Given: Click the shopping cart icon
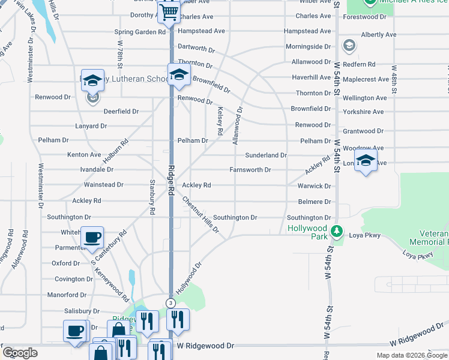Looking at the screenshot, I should (x=170, y=11).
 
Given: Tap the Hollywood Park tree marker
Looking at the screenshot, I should (x=337, y=231).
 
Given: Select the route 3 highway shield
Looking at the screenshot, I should (x=171, y=303).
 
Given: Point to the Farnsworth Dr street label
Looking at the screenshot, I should (x=250, y=170).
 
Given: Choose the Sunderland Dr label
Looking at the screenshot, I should (x=265, y=155).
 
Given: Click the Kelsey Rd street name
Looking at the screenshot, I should (x=220, y=120).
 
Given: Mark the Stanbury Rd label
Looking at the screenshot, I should (x=152, y=197).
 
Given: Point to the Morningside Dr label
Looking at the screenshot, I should (x=308, y=46).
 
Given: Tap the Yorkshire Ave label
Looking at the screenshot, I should (x=363, y=112).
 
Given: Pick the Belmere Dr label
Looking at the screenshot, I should (x=315, y=202).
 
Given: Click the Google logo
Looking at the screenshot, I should (x=20, y=353).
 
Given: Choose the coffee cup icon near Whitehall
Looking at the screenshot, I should (x=92, y=238).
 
